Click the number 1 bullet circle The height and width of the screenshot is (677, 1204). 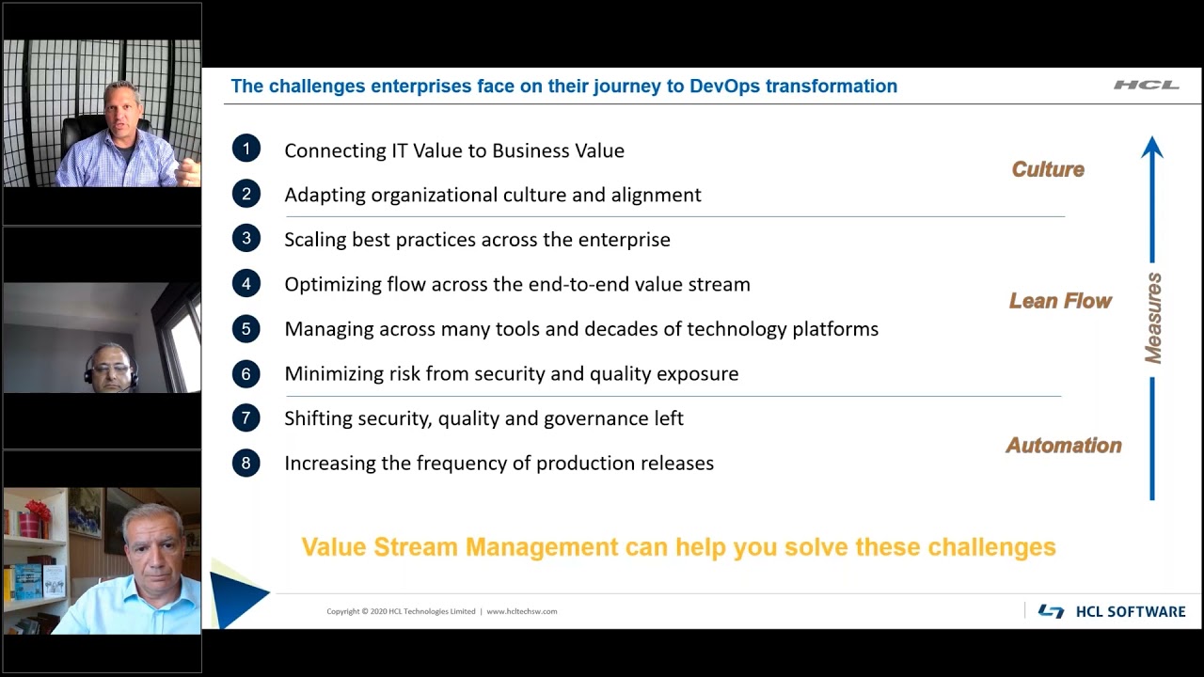click(246, 149)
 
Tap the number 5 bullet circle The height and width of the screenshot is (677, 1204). click(246, 328)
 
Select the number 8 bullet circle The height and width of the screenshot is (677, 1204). click(246, 463)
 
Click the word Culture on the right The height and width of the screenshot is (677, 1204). click(1048, 169)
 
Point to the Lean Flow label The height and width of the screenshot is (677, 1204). click(1060, 301)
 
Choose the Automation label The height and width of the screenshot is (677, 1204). click(1064, 446)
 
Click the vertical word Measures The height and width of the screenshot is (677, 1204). click(1153, 318)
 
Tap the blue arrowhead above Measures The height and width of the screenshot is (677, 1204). click(1152, 148)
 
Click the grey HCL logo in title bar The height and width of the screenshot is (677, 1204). click(1146, 86)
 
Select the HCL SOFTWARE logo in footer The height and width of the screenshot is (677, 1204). click(1112, 611)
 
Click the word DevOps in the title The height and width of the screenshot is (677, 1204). click(725, 87)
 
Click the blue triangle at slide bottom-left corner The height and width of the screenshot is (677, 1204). click(233, 595)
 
